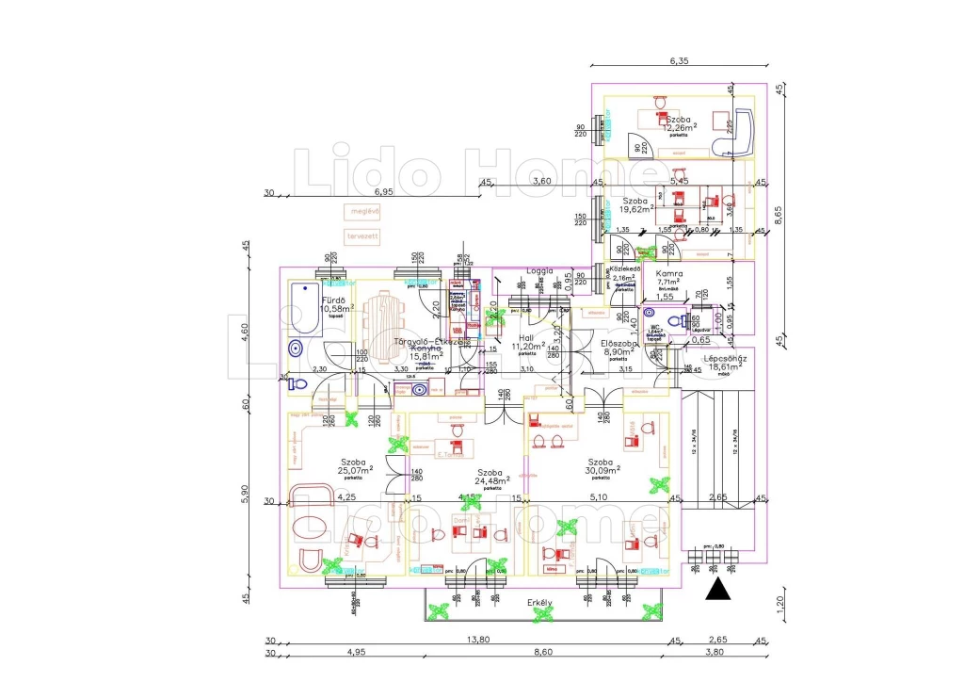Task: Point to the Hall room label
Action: click(x=528, y=337)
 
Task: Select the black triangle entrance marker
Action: click(x=719, y=590)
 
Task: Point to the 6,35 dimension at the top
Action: click(x=680, y=61)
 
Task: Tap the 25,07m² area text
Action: click(x=356, y=471)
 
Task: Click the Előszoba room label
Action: click(x=620, y=345)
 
